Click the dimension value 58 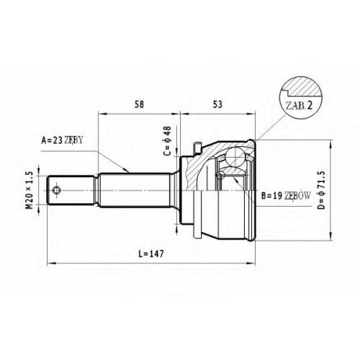coord(139,104)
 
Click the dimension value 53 coord(217,104)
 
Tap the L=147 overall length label coord(151,253)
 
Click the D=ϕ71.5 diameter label coord(321,190)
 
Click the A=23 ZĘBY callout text coord(62,140)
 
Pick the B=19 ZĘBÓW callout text coord(286,196)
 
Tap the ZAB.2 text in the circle coord(299,106)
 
